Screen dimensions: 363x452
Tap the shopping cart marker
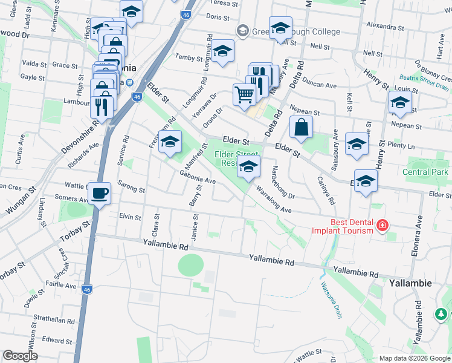tap(245, 94)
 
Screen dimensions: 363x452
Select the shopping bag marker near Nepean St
tap(301, 128)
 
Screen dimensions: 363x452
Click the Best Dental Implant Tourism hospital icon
tap(382, 226)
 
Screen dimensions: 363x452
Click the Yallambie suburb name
tap(410, 283)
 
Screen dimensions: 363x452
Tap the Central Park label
tap(426, 172)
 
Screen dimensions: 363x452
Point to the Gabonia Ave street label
tap(198, 177)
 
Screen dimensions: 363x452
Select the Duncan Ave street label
tap(320, 85)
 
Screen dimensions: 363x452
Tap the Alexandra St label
tap(385, 27)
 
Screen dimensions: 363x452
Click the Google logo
tap(20, 356)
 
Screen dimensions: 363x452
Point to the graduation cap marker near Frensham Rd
tap(170, 142)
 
